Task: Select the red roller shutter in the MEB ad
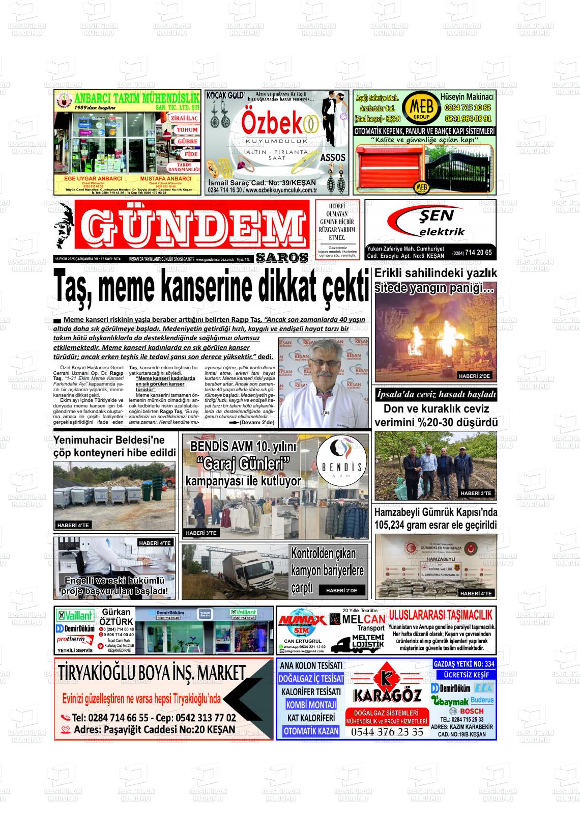(389, 166)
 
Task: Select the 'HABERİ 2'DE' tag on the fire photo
(474, 376)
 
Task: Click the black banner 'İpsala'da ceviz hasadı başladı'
(436, 395)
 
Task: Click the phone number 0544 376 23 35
(387, 732)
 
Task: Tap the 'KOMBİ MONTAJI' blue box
(311, 705)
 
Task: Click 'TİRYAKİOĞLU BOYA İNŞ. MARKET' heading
(152, 673)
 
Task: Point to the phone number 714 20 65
(478, 253)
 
